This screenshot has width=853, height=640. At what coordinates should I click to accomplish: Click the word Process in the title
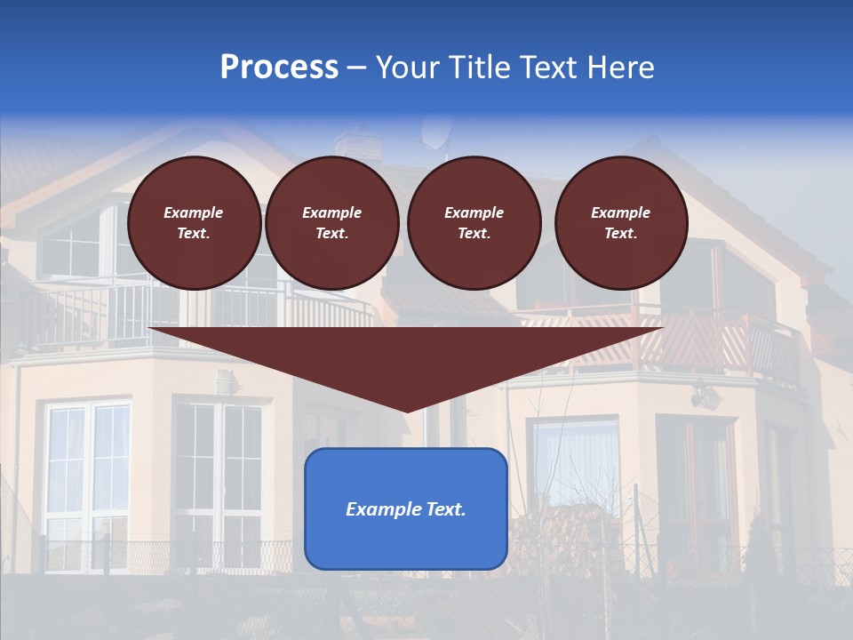(x=279, y=68)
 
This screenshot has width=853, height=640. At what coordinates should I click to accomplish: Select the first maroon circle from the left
(x=195, y=223)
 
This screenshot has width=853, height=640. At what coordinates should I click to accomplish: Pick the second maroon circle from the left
(x=332, y=223)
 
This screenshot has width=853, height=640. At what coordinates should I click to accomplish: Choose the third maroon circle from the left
(x=474, y=223)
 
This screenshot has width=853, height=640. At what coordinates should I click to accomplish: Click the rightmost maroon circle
(x=621, y=223)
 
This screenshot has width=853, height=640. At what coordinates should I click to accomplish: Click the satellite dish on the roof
(x=435, y=132)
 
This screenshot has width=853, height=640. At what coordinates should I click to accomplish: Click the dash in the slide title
(x=357, y=68)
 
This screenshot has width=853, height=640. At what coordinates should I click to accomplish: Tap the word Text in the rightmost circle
(x=621, y=234)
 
